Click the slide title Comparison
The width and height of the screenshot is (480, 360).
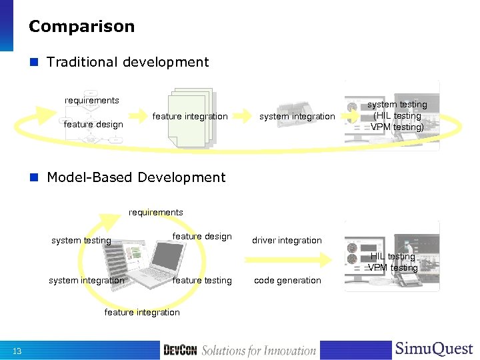point(81,27)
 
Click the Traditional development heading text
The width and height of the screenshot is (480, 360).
point(127,63)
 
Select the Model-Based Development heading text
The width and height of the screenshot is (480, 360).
point(136,177)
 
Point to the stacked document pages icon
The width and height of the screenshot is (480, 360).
point(190,117)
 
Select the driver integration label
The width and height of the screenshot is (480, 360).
point(287,240)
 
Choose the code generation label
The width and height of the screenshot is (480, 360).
point(287,281)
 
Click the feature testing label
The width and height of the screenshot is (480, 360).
point(202,281)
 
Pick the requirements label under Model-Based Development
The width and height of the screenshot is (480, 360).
point(156,213)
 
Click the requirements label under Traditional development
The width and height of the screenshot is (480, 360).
point(92,101)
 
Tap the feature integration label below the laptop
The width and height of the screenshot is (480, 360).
point(142,313)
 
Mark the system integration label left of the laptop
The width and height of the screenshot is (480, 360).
point(86,281)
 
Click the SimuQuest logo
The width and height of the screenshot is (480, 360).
point(434,349)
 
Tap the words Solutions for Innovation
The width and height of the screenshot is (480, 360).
point(259,351)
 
